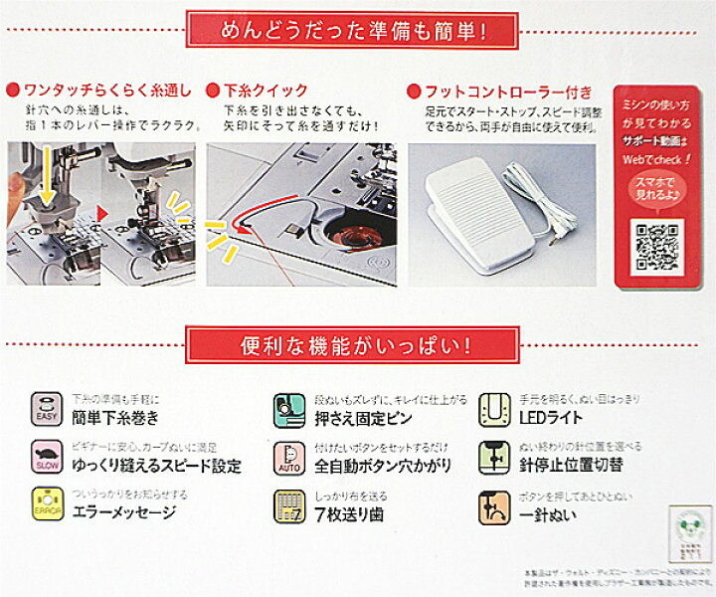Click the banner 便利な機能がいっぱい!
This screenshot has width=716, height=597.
357,348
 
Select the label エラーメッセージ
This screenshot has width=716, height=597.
124,513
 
